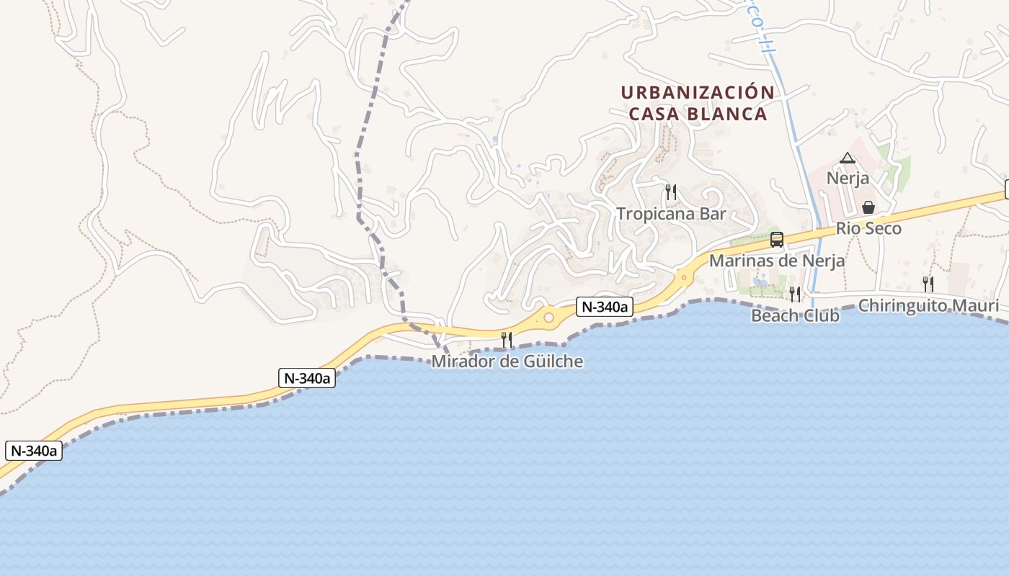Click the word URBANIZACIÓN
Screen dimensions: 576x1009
(698, 93)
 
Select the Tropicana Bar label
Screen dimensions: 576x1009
(671, 214)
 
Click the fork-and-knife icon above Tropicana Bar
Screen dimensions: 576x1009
(671, 192)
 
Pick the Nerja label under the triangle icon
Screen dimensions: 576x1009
(848, 178)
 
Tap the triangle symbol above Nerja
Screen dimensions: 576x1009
(848, 158)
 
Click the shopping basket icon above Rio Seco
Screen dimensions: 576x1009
(868, 207)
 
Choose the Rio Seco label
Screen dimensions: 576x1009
(868, 229)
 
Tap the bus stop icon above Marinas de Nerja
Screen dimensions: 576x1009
(777, 240)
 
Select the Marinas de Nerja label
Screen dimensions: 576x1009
(777, 261)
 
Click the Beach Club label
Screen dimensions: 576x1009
(795, 315)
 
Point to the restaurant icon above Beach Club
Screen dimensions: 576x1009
(795, 294)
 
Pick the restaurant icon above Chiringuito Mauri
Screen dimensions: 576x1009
(928, 284)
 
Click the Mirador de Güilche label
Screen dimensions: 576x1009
(507, 361)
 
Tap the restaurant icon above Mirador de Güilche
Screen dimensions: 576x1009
(507, 339)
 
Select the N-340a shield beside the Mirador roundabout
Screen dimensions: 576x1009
(604, 307)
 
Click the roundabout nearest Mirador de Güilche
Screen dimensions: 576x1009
(548, 317)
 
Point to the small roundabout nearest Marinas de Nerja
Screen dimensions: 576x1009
(683, 275)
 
